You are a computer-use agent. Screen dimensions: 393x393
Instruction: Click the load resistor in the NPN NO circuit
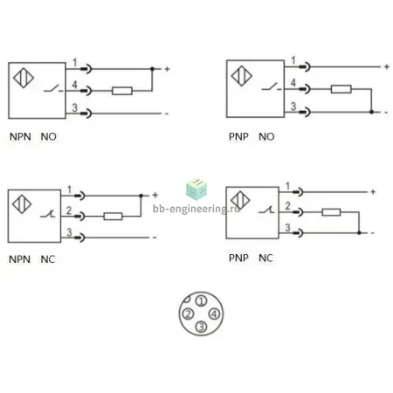[x=122, y=91]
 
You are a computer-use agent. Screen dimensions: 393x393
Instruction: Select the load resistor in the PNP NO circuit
[x=341, y=89]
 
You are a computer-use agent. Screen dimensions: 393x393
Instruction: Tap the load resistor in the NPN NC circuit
[x=113, y=217]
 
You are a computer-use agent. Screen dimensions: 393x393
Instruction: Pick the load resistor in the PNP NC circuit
[x=331, y=212]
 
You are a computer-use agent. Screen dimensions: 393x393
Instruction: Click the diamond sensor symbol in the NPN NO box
[x=24, y=78]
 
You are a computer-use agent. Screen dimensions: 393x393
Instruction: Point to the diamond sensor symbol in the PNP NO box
[x=242, y=76]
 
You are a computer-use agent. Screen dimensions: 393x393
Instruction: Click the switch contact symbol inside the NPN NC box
[x=48, y=215]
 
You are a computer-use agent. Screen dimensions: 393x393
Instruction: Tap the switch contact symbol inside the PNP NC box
[x=266, y=210]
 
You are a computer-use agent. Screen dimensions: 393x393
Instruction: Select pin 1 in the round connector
[x=201, y=301]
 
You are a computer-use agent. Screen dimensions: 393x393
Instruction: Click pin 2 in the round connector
[x=188, y=314]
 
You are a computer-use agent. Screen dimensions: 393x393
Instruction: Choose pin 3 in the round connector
[x=201, y=327]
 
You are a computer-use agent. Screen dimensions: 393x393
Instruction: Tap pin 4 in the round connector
[x=214, y=314]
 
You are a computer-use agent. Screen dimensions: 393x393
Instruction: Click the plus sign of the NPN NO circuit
[x=167, y=69]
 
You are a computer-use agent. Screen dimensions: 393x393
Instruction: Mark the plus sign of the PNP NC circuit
[x=373, y=192]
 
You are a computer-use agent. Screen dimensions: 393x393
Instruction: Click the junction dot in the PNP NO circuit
[x=371, y=112]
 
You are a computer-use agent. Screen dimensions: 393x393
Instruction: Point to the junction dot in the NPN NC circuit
[x=141, y=196]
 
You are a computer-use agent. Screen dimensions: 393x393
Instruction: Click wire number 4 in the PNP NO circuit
[x=293, y=83]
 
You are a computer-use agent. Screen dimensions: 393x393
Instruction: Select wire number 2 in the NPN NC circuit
[x=69, y=210]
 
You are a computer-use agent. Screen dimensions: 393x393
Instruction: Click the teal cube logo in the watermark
[x=196, y=189]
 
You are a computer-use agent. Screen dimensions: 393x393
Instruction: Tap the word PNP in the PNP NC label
[x=238, y=258]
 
